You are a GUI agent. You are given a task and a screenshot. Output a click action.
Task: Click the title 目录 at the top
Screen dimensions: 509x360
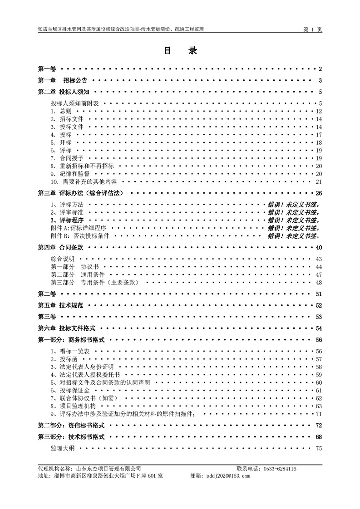pyautogui.click(x=180, y=51)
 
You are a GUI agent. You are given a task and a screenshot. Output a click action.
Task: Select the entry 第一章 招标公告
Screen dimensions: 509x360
pyautogui.click(x=63, y=81)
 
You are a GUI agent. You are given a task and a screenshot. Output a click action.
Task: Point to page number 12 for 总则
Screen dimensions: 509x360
pyautogui.click(x=319, y=112)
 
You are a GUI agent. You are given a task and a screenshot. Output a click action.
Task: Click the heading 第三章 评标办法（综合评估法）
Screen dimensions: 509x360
pyautogui.click(x=80, y=193)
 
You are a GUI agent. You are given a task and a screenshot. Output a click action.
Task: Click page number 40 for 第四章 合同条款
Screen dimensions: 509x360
pyautogui.click(x=319, y=248)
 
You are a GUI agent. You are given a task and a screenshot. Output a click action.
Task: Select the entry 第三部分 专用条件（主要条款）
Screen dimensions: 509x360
pyautogui.click(x=94, y=283)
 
